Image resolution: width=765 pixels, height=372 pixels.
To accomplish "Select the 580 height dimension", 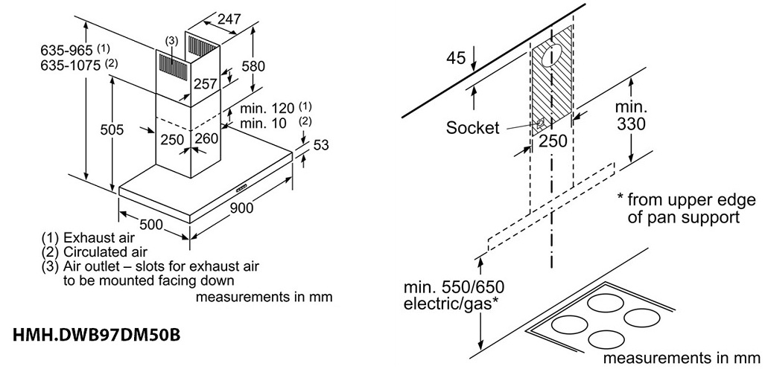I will [x=255, y=66].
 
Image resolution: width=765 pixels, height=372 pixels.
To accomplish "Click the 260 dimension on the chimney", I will [x=207, y=138].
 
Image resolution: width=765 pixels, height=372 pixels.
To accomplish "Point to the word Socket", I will [x=472, y=128].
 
